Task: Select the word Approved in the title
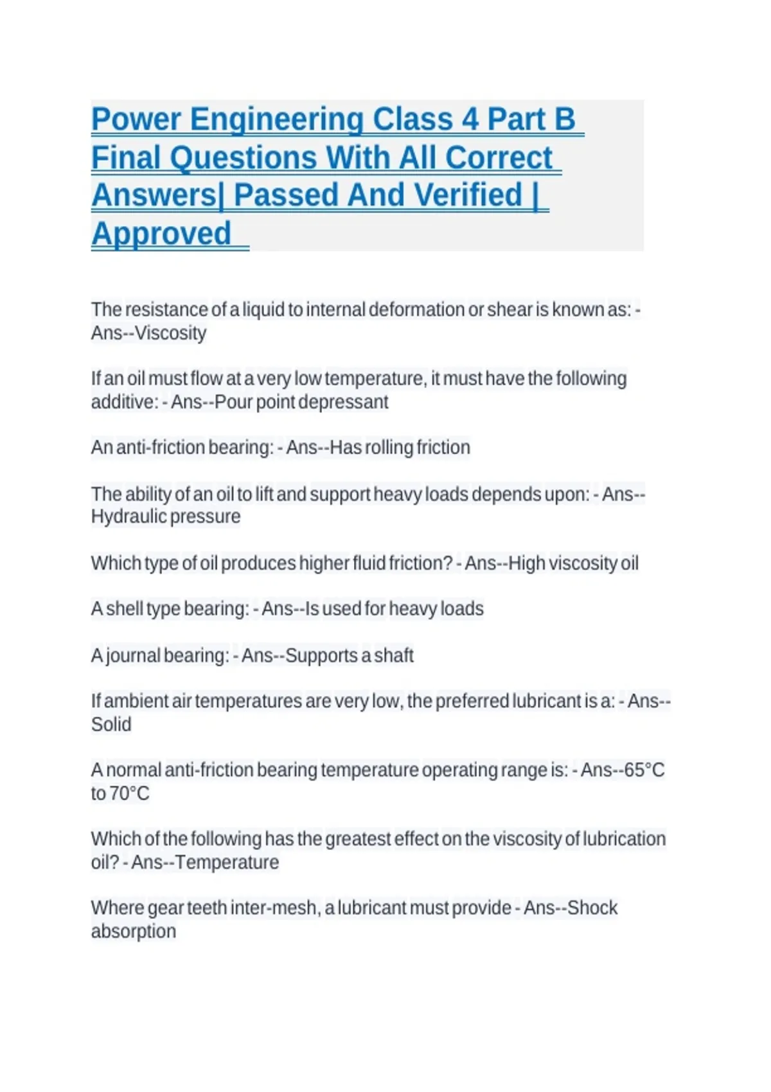point(161,233)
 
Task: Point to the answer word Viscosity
point(170,333)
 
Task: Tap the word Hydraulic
point(128,516)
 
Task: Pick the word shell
point(125,608)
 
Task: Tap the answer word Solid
point(111,725)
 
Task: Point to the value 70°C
point(129,793)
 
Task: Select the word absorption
point(134,931)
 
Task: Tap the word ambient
point(136,701)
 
